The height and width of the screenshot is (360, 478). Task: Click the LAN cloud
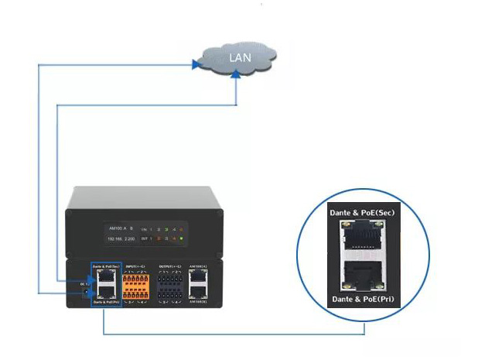pos(236,59)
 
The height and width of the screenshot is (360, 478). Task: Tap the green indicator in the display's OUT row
pos(181,240)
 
